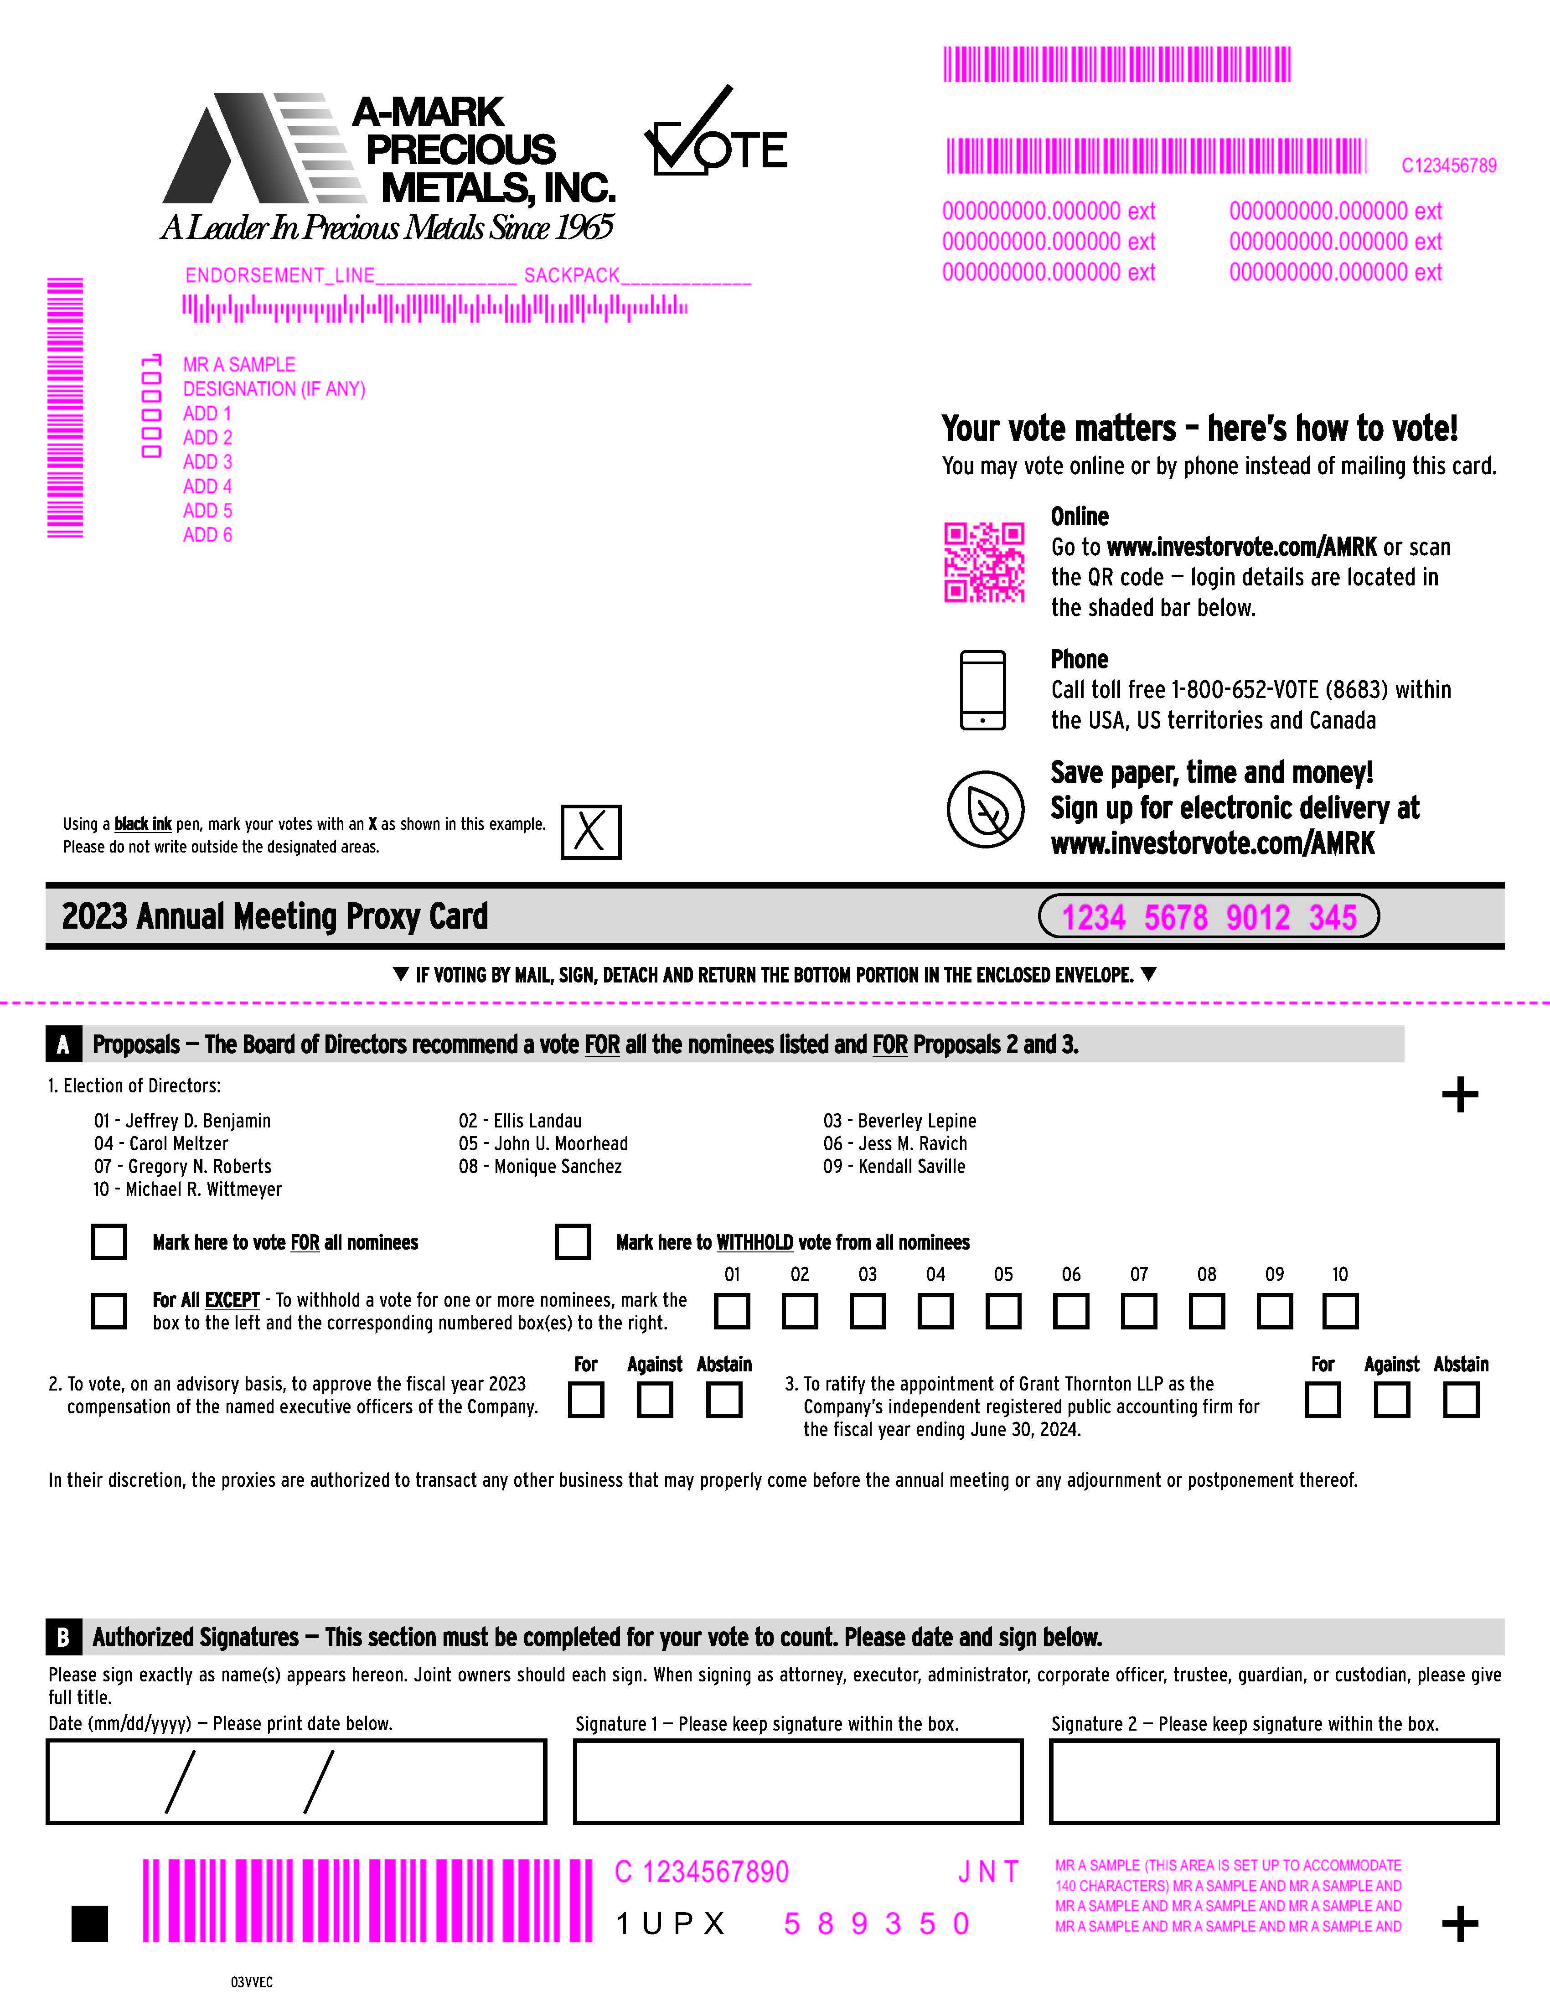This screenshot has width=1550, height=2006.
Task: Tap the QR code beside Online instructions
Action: click(x=984, y=562)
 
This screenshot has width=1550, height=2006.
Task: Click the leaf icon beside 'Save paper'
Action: click(x=985, y=809)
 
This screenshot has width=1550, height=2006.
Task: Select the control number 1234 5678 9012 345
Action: click(x=1209, y=917)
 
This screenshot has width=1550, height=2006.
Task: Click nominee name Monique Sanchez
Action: click(x=558, y=1167)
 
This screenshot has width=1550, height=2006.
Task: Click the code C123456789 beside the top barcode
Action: click(x=1448, y=165)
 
